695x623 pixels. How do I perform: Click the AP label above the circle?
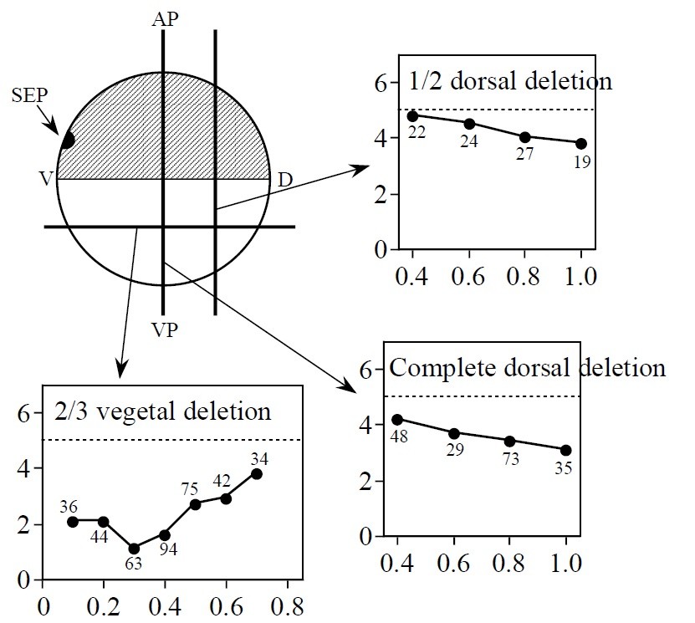(x=165, y=18)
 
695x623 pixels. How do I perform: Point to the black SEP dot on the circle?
(x=67, y=140)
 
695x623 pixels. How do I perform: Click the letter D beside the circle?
(x=284, y=179)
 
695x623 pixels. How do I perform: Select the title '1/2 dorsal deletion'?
(x=510, y=82)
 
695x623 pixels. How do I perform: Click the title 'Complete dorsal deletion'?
(x=528, y=368)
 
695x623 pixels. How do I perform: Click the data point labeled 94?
(x=165, y=535)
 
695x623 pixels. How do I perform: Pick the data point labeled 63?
(x=134, y=549)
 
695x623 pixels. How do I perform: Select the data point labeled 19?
(x=581, y=144)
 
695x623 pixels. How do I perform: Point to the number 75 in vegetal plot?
(x=192, y=489)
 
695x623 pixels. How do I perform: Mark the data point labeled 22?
(x=412, y=116)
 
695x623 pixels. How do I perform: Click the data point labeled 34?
(x=257, y=474)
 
